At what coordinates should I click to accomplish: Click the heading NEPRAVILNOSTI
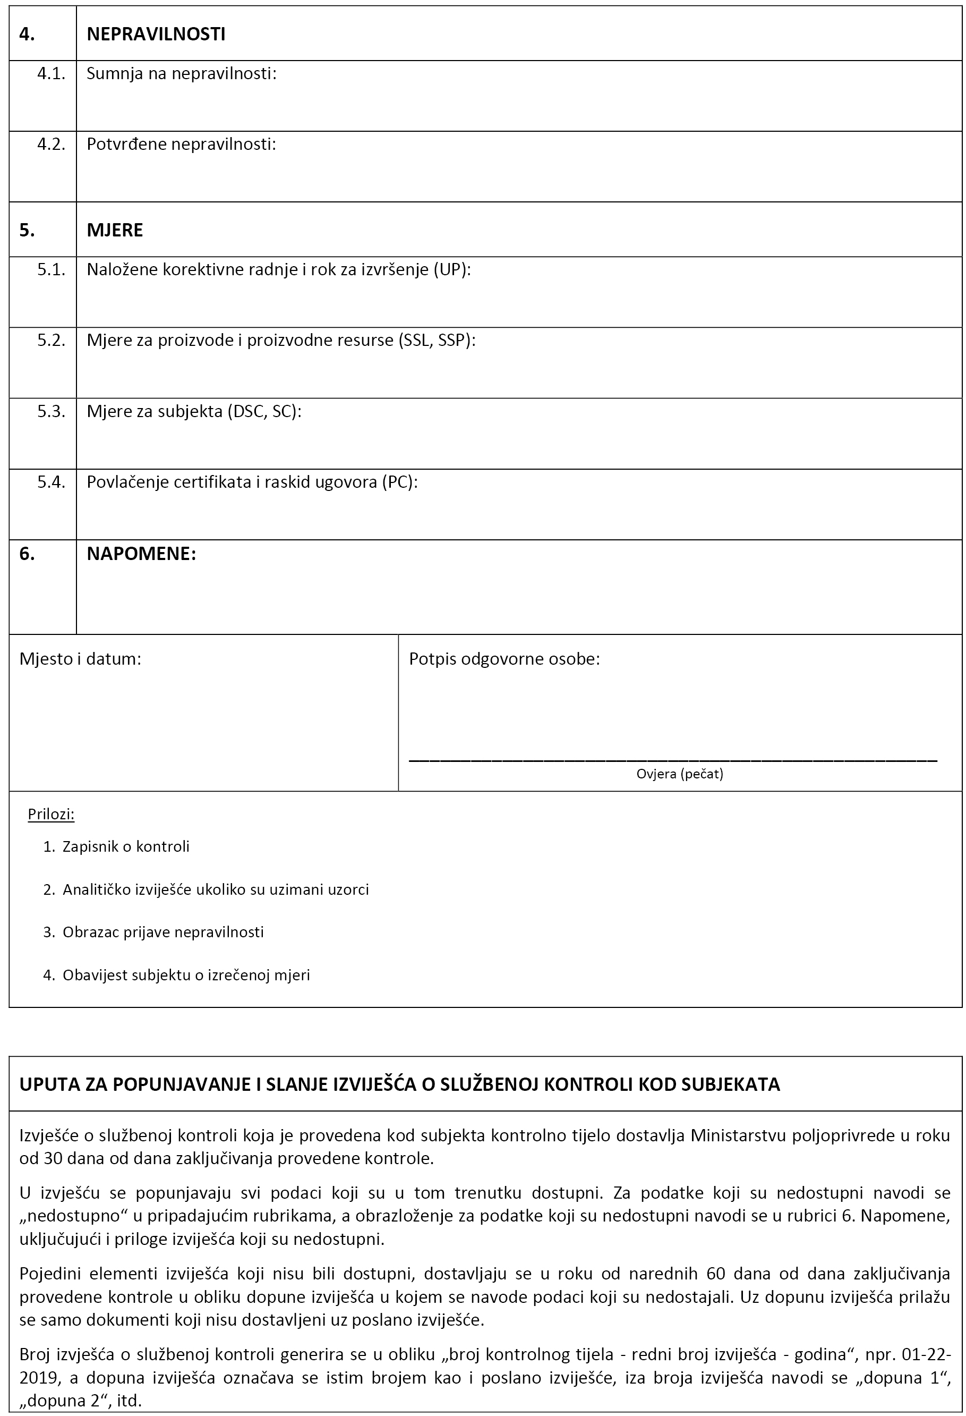pos(156,34)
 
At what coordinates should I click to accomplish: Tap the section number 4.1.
pos(50,74)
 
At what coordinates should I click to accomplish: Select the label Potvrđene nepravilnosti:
pos(181,145)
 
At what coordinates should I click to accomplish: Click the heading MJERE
pos(115,230)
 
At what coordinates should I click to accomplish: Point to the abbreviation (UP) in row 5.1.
pos(451,269)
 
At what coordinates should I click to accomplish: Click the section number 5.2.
pos(50,340)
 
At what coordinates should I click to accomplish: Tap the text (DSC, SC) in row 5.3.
pos(264,411)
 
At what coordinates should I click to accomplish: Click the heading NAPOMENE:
pos(141,554)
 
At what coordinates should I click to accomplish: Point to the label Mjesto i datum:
pos(80,659)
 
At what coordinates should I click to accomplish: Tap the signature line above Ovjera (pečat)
pos(672,760)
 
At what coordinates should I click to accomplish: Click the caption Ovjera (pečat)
pos(680,774)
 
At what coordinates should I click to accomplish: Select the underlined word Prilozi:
pos(51,814)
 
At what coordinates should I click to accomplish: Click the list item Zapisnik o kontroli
pos(126,846)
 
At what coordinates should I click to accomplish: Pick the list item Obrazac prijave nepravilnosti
pos(163,932)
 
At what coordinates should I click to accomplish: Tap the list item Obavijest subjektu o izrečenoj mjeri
pos(186,975)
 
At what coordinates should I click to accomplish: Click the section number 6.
pos(27,554)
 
